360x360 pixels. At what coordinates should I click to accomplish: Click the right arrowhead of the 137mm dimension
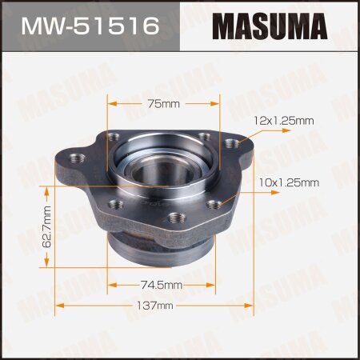pyautogui.click(x=251, y=306)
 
